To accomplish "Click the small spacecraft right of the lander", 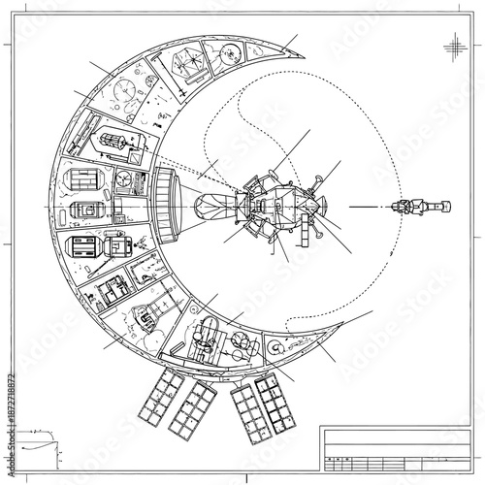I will click(417, 207).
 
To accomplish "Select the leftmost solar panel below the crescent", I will click(161, 398).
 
